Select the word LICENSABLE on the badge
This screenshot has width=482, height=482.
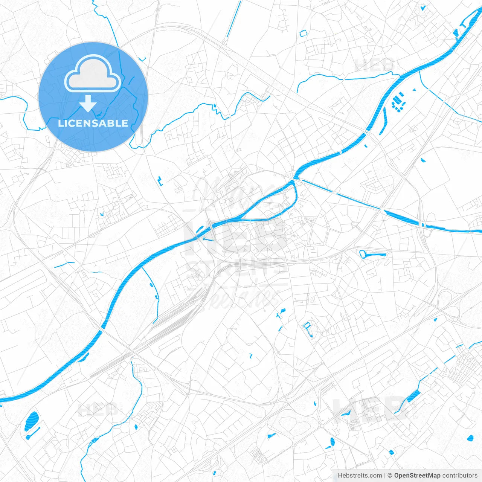tap(93, 123)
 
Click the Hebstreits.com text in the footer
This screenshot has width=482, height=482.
tap(360, 476)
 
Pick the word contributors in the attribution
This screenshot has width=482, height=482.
tap(460, 476)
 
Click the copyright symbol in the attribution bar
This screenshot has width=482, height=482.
tap(390, 476)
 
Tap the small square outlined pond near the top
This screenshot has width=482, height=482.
tap(303, 34)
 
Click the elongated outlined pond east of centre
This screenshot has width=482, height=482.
tap(372, 254)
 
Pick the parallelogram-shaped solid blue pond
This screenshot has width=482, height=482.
tap(413, 396)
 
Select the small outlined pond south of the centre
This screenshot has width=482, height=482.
tap(308, 329)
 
